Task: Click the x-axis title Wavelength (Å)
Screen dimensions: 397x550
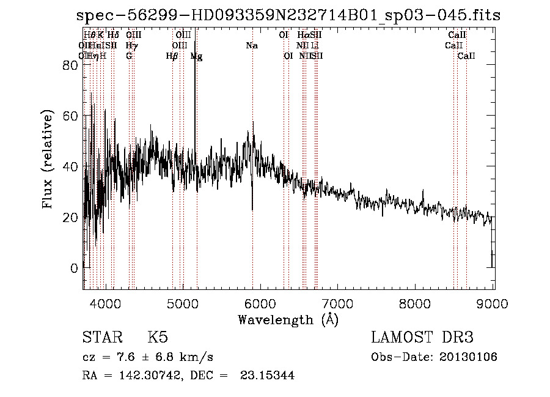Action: [x=288, y=319]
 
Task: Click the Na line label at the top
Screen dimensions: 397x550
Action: [x=252, y=46]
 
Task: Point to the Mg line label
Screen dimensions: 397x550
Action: [x=196, y=56]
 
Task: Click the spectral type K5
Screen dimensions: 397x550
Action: [x=157, y=338]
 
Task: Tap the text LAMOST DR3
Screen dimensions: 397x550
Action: [x=422, y=338]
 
